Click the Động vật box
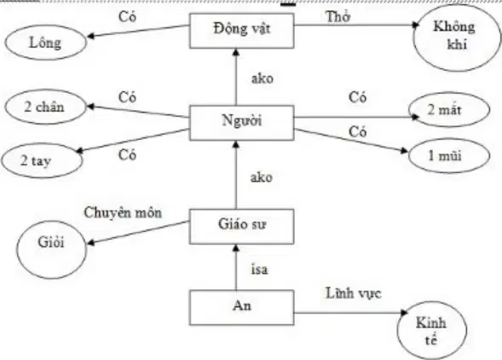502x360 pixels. pyautogui.click(x=242, y=31)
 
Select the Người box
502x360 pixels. pyautogui.click(x=242, y=123)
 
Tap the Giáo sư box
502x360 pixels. pyautogui.click(x=242, y=226)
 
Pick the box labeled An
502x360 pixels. pyautogui.click(x=242, y=307)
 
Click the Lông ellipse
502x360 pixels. pyautogui.click(x=45, y=43)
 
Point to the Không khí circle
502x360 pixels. pyautogui.click(x=457, y=38)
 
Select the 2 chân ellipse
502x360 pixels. pyautogui.click(x=45, y=107)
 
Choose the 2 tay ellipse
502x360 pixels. pyautogui.click(x=42, y=160)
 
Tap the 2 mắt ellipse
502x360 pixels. pyautogui.click(x=449, y=110)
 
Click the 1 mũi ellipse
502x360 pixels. pyautogui.click(x=449, y=156)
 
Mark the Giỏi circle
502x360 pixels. pyautogui.click(x=51, y=249)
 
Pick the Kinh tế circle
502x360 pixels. pyautogui.click(x=431, y=330)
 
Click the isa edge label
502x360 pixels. pyautogui.click(x=259, y=270)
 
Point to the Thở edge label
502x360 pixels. pyautogui.click(x=338, y=17)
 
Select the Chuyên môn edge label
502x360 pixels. pyautogui.click(x=123, y=212)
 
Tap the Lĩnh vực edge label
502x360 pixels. pyautogui.click(x=354, y=293)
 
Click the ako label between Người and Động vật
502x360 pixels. pyautogui.click(x=263, y=78)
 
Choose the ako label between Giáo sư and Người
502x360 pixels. pyautogui.click(x=262, y=177)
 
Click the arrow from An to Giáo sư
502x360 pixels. pyautogui.click(x=236, y=267)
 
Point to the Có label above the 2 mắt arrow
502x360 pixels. pyautogui.click(x=358, y=97)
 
